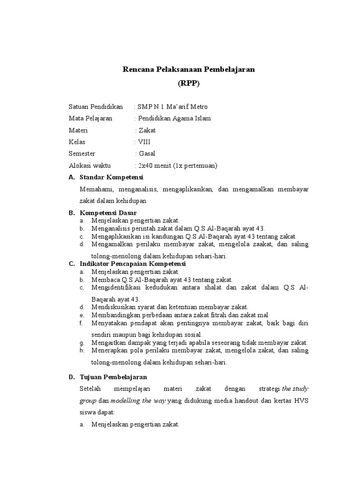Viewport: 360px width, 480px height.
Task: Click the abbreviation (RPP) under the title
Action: tap(188, 83)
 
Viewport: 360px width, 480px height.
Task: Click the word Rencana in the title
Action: tap(137, 69)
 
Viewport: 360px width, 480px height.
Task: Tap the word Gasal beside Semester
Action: tap(147, 153)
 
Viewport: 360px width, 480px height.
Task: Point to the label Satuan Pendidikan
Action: tap(96, 106)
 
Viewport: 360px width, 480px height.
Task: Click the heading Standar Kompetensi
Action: tap(112, 177)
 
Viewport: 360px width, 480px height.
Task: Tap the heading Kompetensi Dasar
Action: tap(108, 212)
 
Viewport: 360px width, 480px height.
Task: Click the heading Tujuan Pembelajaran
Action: tap(113, 376)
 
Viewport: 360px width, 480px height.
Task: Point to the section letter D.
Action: tap(72, 376)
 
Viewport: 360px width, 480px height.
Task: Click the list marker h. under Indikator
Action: tap(82, 350)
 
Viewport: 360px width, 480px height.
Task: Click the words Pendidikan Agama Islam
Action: tap(174, 118)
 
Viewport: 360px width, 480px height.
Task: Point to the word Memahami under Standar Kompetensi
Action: tap(97, 189)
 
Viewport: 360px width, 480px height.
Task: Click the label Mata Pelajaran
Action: tap(90, 118)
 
